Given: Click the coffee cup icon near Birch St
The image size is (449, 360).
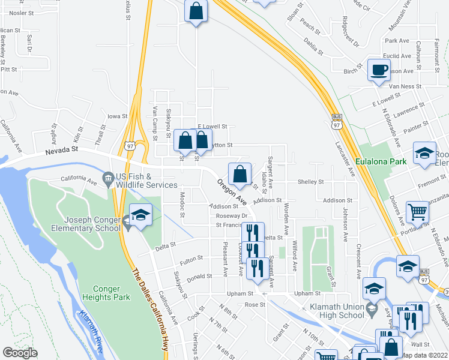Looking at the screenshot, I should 379,70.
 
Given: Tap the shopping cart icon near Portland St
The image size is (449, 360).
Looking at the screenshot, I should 417,211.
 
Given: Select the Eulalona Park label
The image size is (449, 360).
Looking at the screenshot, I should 381,161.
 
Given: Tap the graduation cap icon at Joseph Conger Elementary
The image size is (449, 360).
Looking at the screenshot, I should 140,215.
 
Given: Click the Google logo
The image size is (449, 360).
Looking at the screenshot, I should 20,353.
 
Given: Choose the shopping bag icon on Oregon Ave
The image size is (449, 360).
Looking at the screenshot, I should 240,173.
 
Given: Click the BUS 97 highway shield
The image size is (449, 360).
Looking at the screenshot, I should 336,121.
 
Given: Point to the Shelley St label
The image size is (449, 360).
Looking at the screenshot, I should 311,182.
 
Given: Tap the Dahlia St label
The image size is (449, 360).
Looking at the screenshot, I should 313,42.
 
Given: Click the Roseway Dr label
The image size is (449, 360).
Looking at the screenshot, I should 232,215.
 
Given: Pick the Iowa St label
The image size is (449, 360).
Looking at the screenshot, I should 117,116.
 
